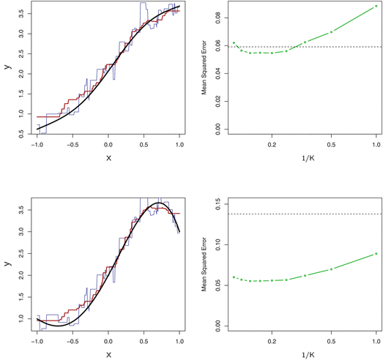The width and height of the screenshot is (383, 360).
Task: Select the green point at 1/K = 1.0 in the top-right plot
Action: tap(376, 6)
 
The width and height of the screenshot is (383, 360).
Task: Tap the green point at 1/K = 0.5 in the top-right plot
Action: tap(331, 31)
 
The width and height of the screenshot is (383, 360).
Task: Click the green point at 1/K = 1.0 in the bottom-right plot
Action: tap(376, 253)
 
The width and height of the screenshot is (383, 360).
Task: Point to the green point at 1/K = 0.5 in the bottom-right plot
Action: tap(331, 269)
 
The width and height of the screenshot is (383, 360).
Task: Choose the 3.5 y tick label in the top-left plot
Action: tap(23, 12)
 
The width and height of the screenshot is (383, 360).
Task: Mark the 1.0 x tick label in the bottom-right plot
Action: tap(376, 342)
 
